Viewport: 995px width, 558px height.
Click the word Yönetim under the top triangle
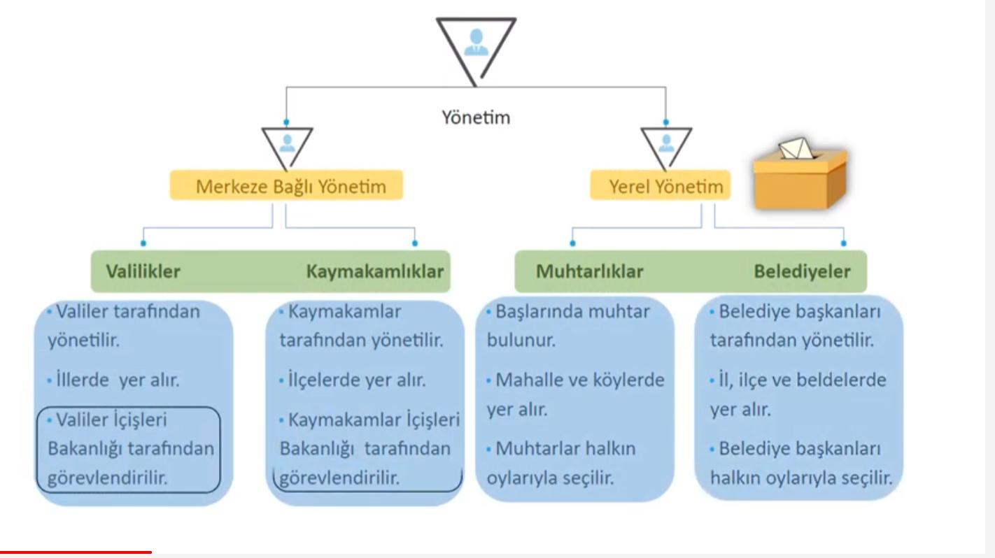pos(476,117)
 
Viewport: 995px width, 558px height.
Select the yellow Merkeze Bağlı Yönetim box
pos(287,186)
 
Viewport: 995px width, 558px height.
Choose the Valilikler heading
pos(143,271)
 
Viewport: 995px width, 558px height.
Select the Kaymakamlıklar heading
pos(375,271)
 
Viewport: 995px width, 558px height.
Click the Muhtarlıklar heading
pos(589,271)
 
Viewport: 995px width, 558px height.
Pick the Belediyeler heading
pos(802,271)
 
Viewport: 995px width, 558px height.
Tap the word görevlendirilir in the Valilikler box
pos(108,478)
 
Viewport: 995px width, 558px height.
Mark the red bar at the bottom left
pos(76,552)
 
